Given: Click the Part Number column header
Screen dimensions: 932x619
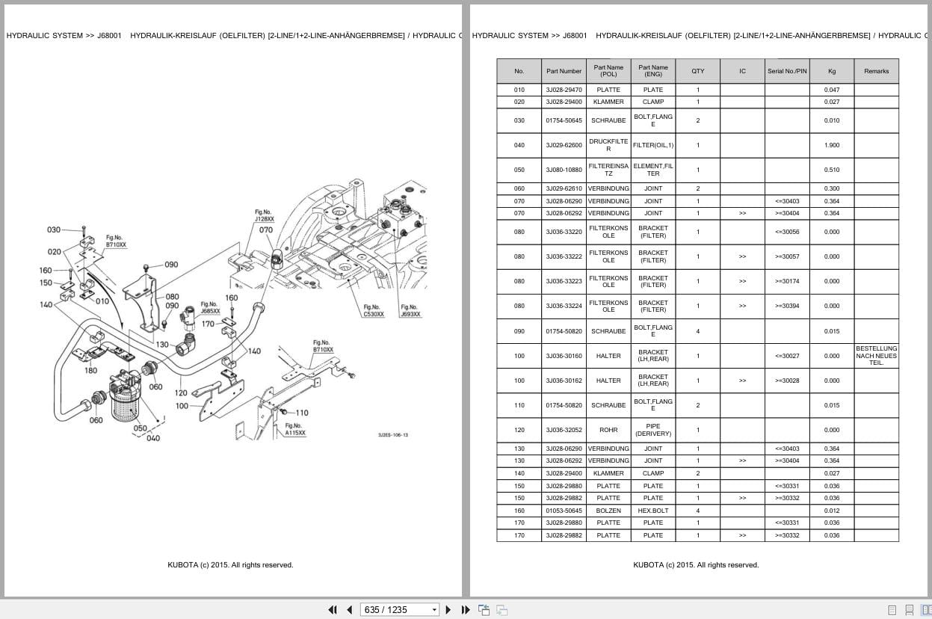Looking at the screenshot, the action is pos(564,71).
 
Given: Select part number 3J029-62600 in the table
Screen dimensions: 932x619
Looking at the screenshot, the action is pos(564,145).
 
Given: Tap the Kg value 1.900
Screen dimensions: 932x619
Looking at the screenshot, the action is pos(832,145).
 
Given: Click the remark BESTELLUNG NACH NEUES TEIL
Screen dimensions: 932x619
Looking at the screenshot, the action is pos(876,356).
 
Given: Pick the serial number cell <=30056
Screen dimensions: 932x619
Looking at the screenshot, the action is pos(787,232).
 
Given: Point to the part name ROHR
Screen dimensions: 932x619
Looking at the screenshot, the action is pos(608,430).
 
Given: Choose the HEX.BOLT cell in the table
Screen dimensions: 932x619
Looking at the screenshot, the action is pos(652,511).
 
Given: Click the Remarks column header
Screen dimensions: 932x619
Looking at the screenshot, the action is pos(876,71).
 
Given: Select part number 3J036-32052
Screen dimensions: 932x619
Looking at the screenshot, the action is pos(564,430).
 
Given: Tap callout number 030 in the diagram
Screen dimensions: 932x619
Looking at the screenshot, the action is pos(54,230).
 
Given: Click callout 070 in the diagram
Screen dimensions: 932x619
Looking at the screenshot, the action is pos(266,230).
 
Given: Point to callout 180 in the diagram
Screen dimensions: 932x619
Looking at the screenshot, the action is pos(90,371).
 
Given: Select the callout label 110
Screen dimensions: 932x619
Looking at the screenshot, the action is pos(302,413).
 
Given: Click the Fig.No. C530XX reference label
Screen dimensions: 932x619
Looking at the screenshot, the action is pos(374,310).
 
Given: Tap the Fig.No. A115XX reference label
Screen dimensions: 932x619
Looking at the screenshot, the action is pos(295,429).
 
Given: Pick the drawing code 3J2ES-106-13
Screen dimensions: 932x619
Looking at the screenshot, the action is pos(393,435).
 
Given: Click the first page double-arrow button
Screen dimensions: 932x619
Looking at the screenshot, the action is pos(333,610).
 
